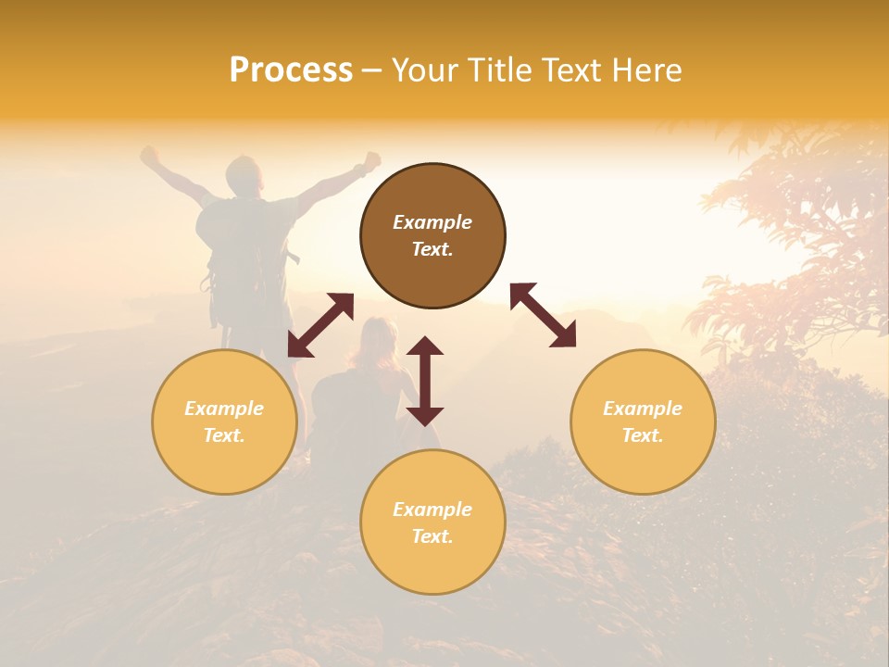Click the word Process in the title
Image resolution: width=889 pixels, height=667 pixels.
[x=291, y=70]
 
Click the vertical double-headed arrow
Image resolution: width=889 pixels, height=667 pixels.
[x=425, y=381]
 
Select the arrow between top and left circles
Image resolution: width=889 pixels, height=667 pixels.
[x=320, y=325]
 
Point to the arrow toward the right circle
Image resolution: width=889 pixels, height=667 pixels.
[x=544, y=315]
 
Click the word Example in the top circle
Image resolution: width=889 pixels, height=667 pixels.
[x=432, y=222]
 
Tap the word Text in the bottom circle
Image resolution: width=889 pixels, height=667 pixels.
[x=432, y=536]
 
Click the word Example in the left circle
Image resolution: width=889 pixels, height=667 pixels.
[x=224, y=409]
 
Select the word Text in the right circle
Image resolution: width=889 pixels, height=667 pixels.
[x=642, y=435]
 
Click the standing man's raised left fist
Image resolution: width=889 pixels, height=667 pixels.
[x=148, y=155]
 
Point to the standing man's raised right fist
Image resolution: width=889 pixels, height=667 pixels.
[x=372, y=159]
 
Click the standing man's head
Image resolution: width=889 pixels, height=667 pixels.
[x=244, y=173]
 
